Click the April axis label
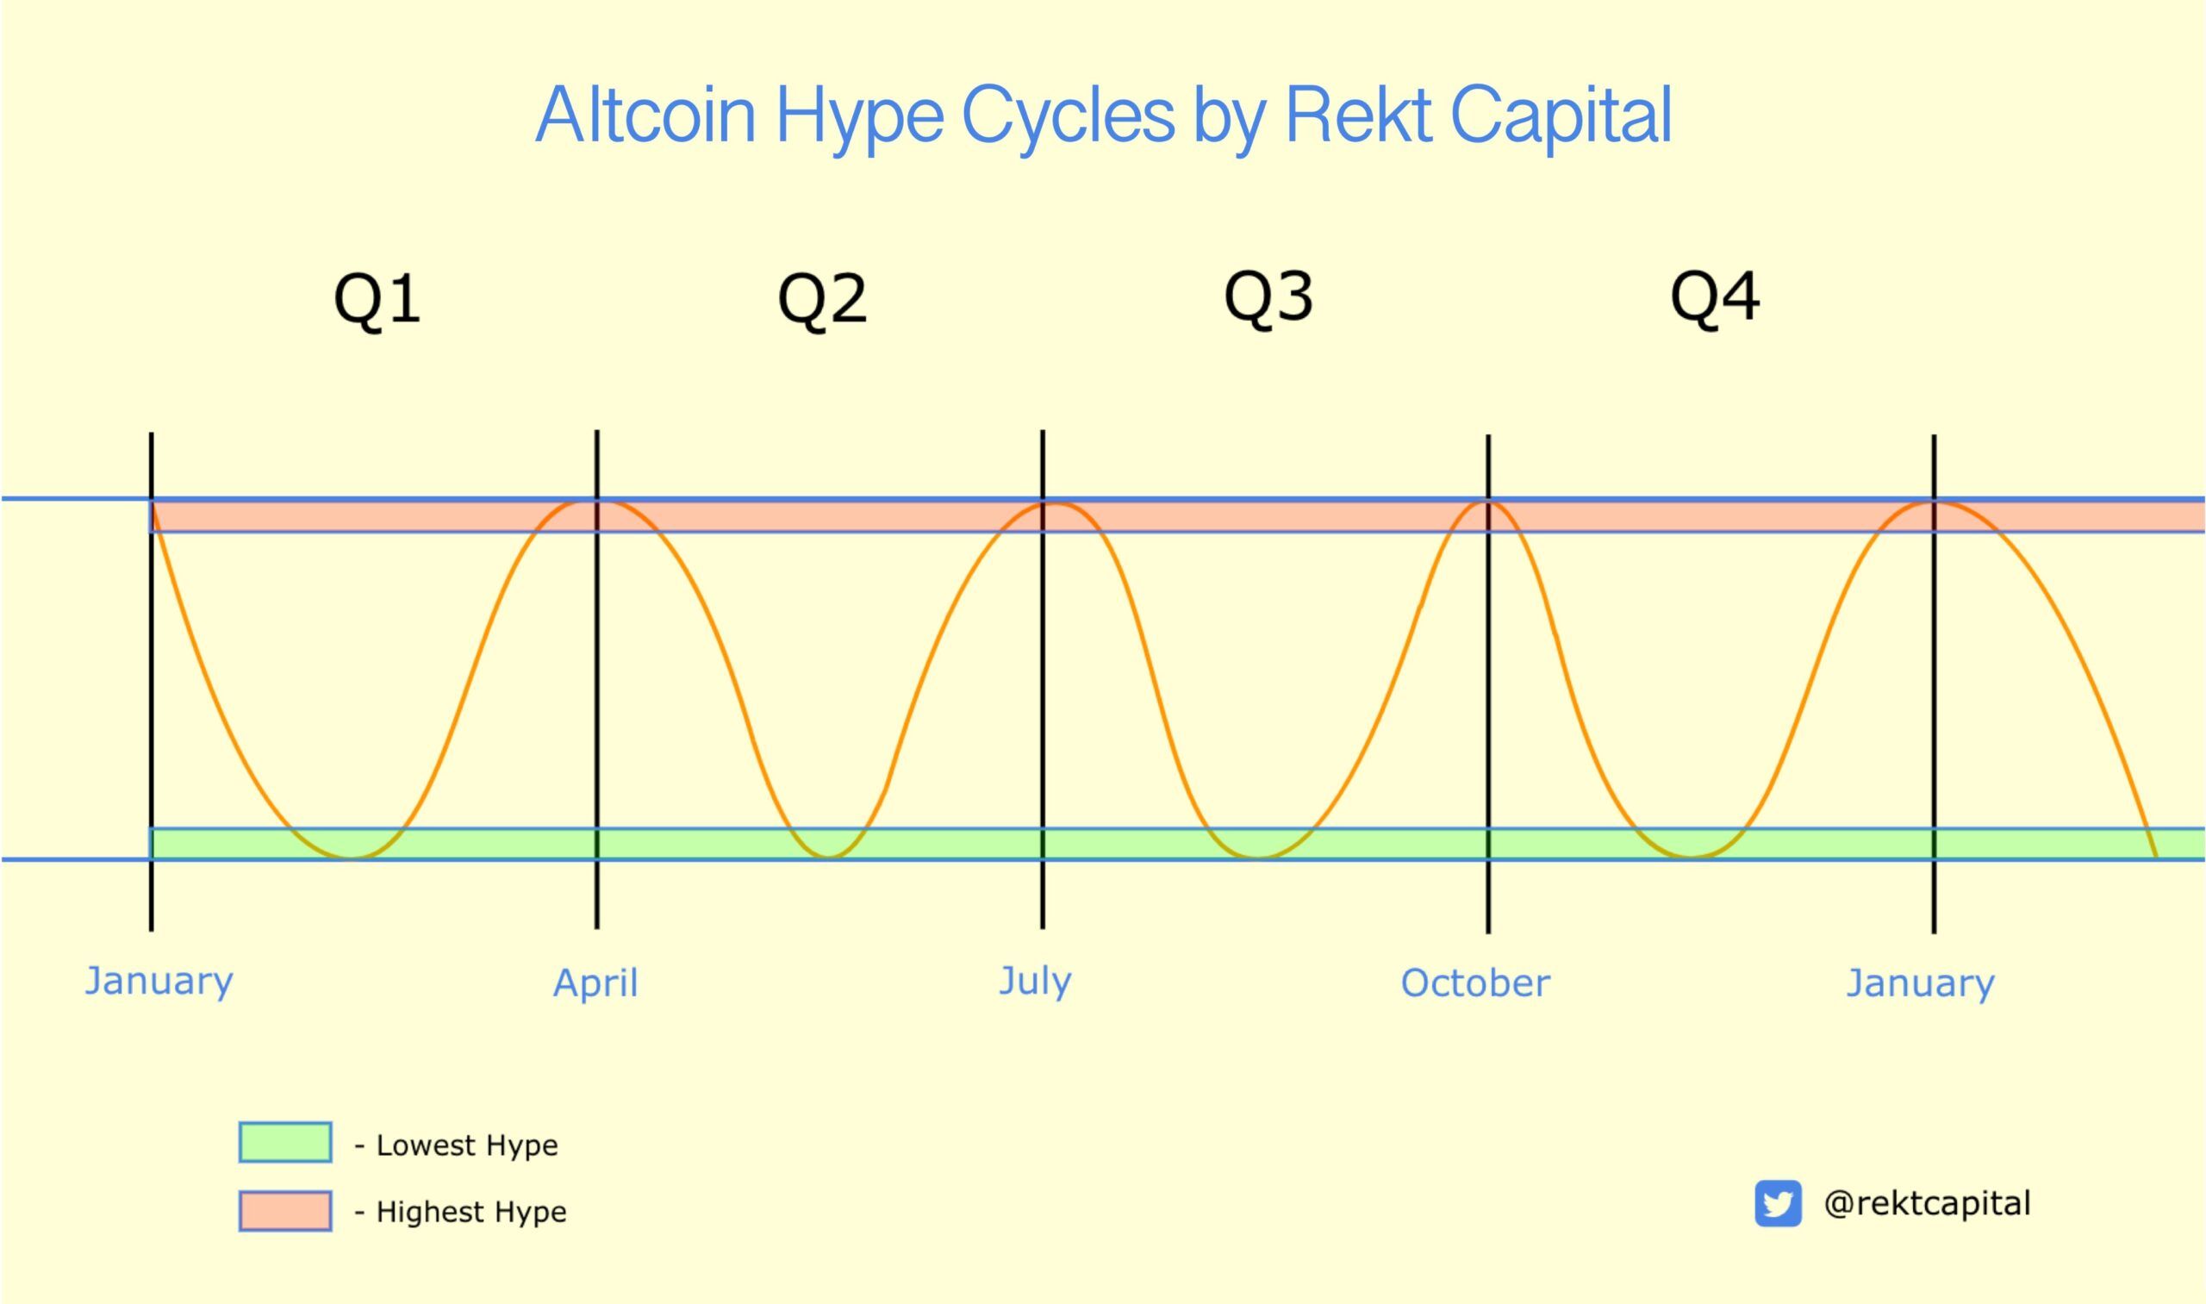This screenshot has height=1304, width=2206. coord(595,983)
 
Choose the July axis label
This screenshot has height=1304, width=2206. coord(1035,981)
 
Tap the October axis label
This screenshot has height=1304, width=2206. coord(1475,983)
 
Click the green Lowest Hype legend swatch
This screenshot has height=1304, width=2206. coord(285,1142)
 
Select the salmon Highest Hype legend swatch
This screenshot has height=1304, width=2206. coord(285,1211)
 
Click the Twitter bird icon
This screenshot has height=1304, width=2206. coord(1778,1203)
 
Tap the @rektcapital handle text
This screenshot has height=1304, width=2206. coord(1928,1203)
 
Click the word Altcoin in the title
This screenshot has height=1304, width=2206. coord(645,115)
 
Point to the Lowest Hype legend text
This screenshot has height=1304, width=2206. coord(466,1145)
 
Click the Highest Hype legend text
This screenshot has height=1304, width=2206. coord(470,1212)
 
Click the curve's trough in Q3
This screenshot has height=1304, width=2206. coord(1258,857)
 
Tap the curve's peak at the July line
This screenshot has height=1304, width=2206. coord(1050,502)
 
